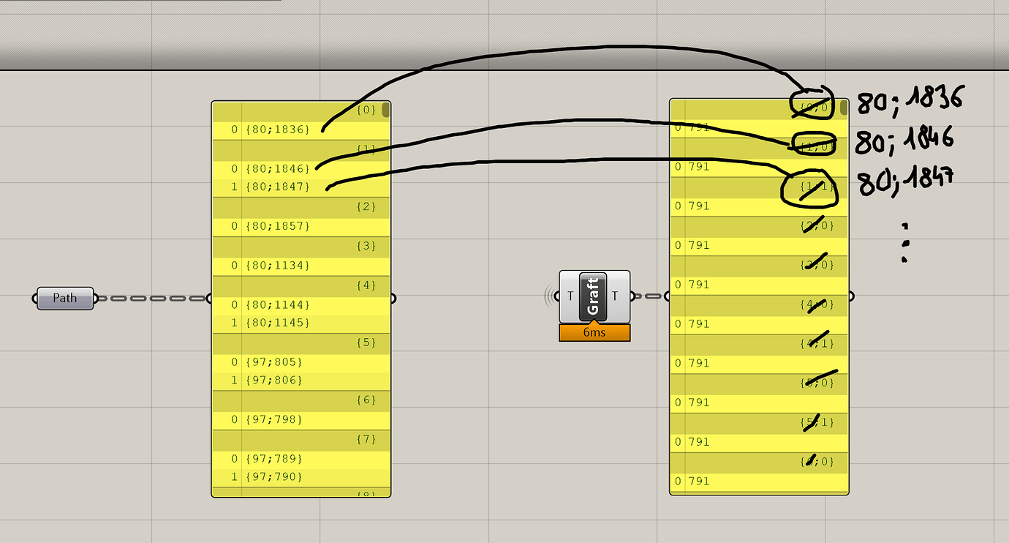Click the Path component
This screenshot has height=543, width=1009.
click(65, 298)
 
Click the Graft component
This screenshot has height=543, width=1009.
click(594, 296)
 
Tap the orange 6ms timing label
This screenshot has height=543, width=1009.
click(594, 333)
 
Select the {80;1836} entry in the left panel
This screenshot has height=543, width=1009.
click(278, 130)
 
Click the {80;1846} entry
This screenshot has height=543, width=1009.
click(278, 168)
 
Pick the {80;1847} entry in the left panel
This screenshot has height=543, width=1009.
click(278, 187)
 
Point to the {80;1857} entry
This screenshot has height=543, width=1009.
click(278, 226)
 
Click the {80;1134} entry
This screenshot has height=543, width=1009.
click(278, 265)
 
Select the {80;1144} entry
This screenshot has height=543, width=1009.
click(278, 304)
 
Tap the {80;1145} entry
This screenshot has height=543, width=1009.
click(278, 323)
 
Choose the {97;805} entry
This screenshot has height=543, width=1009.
click(275, 362)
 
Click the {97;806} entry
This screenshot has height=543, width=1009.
click(275, 381)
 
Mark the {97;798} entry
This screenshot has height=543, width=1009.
click(275, 419)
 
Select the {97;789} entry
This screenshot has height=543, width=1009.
click(275, 459)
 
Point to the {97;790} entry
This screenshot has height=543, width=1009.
click(275, 477)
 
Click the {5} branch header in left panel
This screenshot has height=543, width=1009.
click(366, 342)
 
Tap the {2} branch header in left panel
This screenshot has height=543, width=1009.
click(366, 207)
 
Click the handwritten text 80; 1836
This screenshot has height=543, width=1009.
click(910, 101)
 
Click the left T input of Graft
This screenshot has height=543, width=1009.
click(570, 296)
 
